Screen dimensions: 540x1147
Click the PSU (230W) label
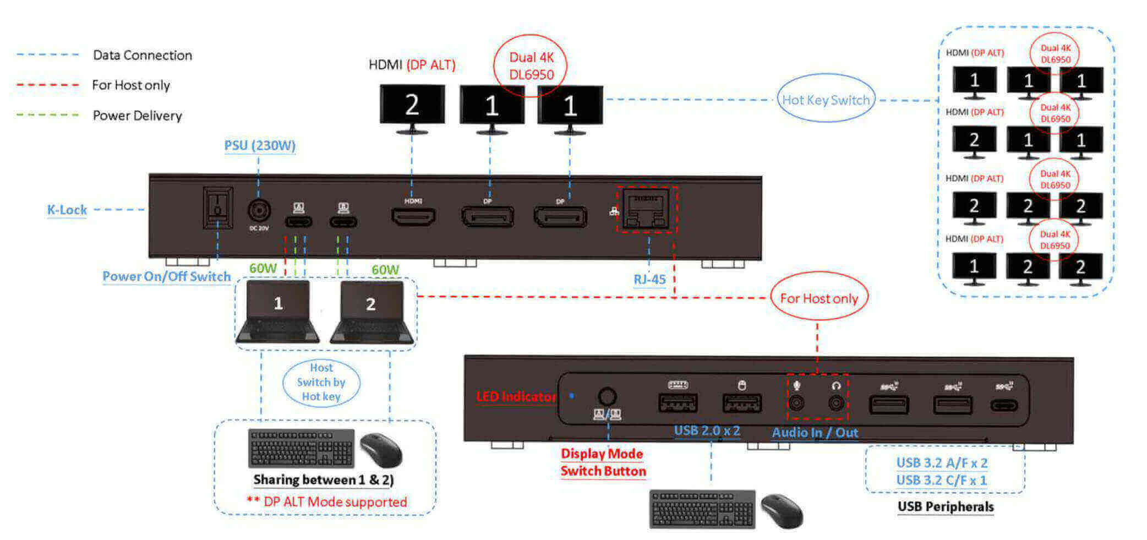[259, 146]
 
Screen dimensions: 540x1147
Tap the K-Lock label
[67, 210]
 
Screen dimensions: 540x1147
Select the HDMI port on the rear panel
[413, 216]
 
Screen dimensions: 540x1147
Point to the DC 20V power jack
[259, 211]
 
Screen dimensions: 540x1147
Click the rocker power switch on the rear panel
[217, 208]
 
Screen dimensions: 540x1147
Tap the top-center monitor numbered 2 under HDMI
[412, 105]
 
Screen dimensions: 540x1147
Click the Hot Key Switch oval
[826, 100]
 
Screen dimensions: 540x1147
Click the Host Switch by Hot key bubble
[321, 382]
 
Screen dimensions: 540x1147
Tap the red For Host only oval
[818, 298]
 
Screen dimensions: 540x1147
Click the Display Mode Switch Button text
[603, 462]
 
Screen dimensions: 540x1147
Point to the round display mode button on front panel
[607, 396]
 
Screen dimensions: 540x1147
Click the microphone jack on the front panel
[796, 403]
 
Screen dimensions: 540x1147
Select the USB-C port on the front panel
[1004, 406]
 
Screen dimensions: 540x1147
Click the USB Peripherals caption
[945, 506]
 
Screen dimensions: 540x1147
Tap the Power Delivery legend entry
[137, 116]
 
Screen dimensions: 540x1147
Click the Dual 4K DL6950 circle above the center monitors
[531, 66]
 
